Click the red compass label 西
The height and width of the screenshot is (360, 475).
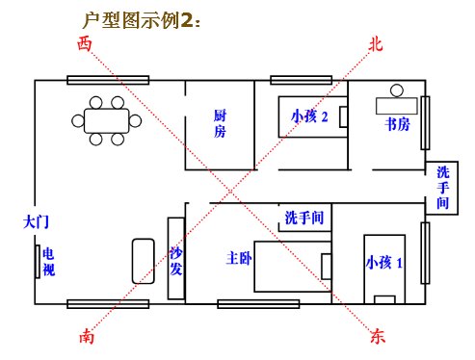pyautogui.click(x=87, y=43)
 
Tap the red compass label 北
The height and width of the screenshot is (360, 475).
pyautogui.click(x=376, y=43)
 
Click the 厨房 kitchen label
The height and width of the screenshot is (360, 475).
pyautogui.click(x=220, y=123)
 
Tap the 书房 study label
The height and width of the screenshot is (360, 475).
pyautogui.click(x=397, y=123)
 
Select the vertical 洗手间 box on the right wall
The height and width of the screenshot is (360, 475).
pyautogui.click(x=442, y=188)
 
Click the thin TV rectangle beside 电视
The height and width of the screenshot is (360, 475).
pyautogui.click(x=35, y=261)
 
